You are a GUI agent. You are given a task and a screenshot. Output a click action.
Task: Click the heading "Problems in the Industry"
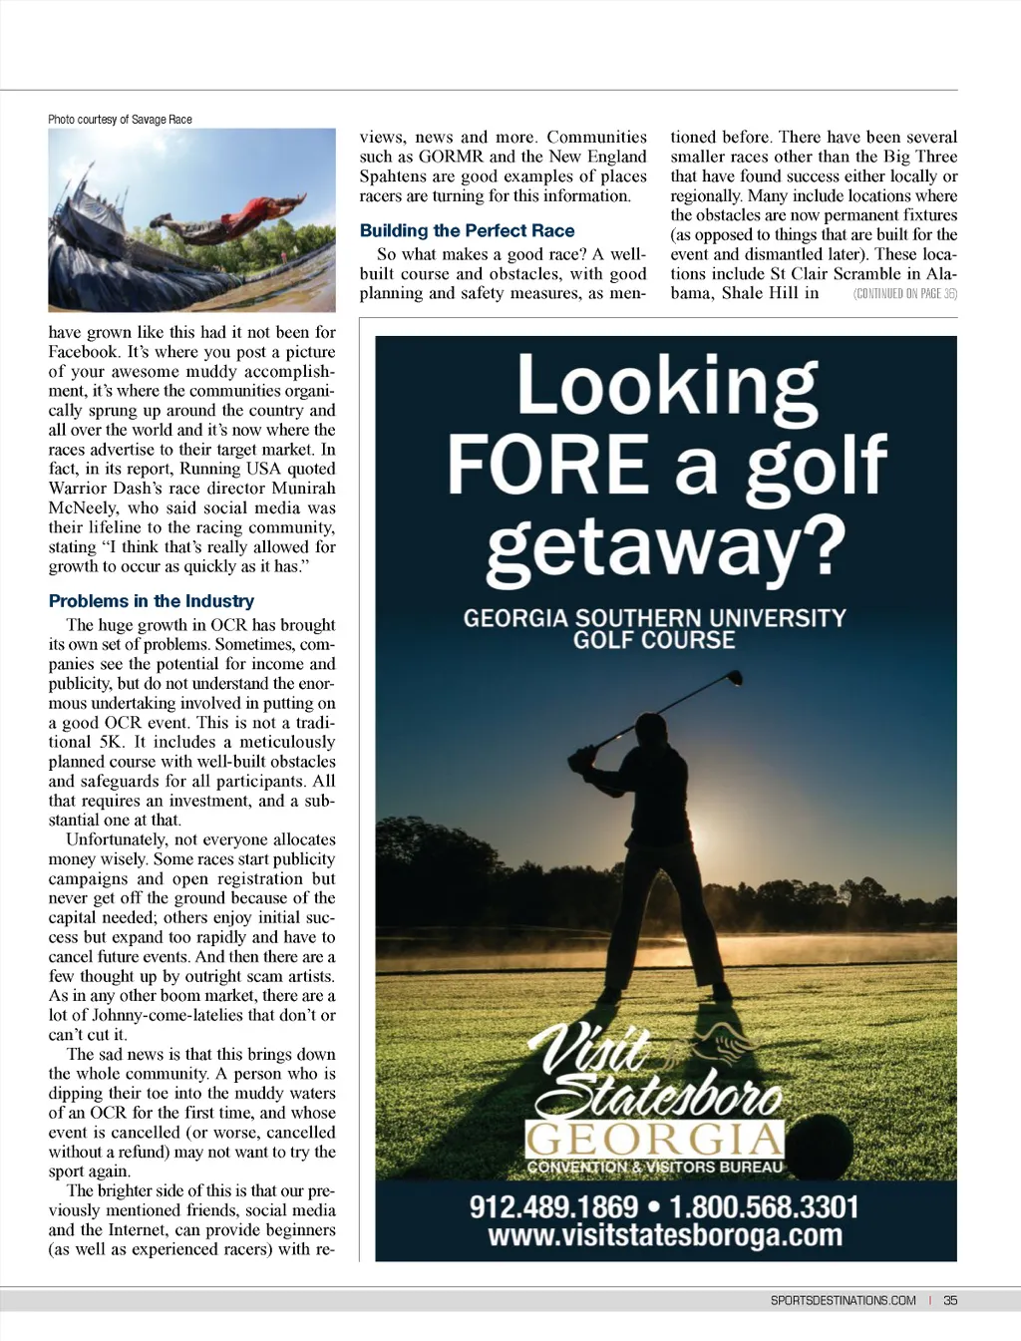[152, 601]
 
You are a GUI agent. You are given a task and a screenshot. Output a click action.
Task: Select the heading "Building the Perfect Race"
[467, 230]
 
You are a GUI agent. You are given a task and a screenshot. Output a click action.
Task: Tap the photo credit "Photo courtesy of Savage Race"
[120, 120]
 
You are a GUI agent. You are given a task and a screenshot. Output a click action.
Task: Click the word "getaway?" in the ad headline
[666, 547]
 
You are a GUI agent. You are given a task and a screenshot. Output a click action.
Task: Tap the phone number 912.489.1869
[553, 1207]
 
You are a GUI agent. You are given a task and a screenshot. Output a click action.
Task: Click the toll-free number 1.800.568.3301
[764, 1207]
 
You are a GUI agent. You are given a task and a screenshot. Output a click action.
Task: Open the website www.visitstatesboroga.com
[665, 1236]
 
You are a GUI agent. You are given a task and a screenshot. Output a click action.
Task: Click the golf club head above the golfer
[734, 678]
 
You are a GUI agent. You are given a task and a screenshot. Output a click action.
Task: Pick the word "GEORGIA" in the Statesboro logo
[654, 1139]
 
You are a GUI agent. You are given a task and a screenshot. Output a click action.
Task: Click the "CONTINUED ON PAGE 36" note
[904, 294]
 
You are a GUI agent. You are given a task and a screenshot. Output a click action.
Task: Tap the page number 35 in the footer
[950, 1300]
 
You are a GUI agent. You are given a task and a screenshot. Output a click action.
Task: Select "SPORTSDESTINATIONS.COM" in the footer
[843, 1300]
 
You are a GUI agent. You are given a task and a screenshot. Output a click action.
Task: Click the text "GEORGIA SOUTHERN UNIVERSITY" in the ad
[654, 618]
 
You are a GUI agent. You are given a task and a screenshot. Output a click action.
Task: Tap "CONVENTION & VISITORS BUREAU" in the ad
[654, 1168]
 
